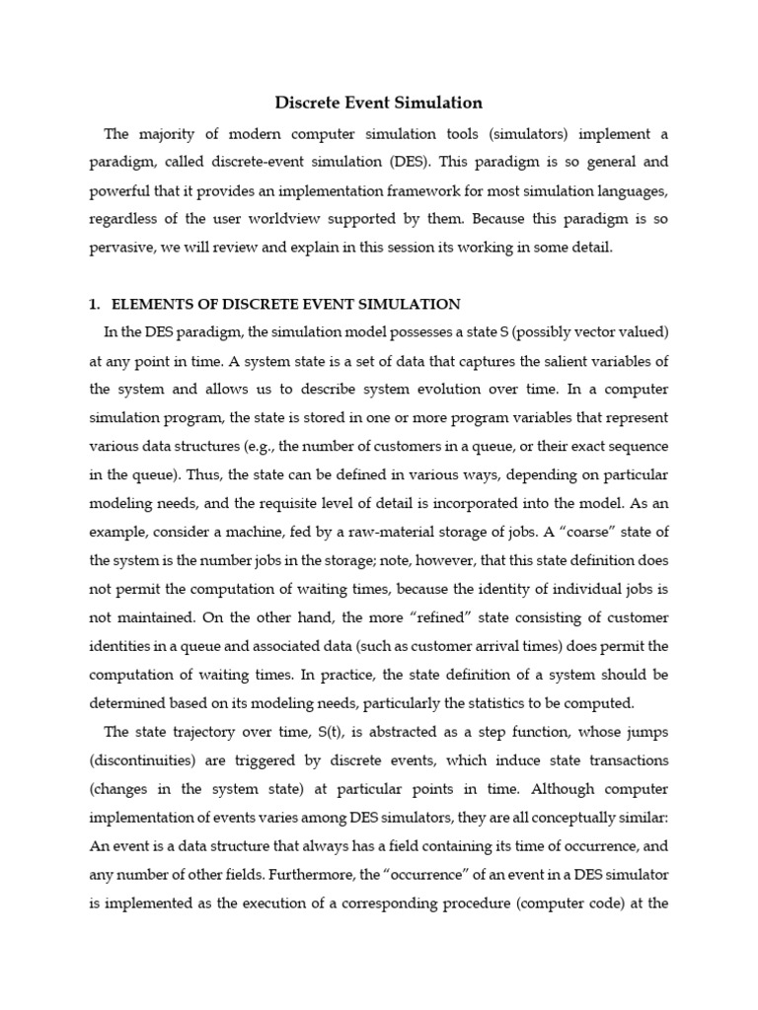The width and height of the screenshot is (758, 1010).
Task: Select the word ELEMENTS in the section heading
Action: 153,304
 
